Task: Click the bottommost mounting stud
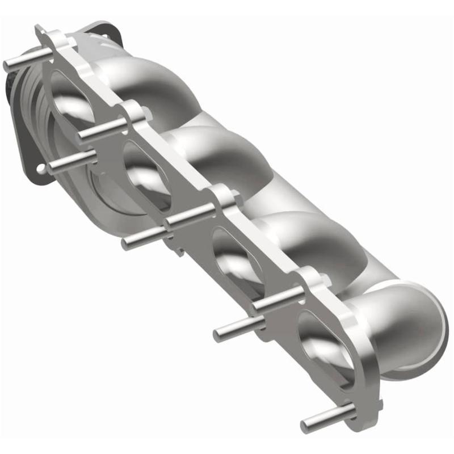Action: coord(321,421)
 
